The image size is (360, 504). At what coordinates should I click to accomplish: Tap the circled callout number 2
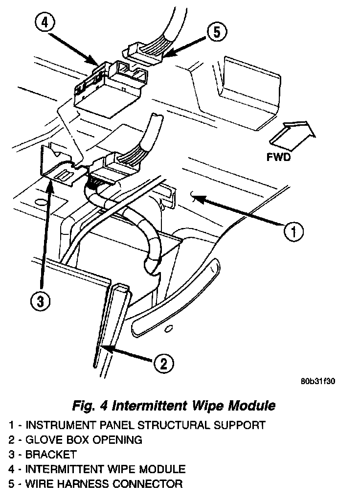pyautogui.click(x=163, y=363)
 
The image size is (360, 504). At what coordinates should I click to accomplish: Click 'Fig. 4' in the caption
pyautogui.click(x=90, y=406)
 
